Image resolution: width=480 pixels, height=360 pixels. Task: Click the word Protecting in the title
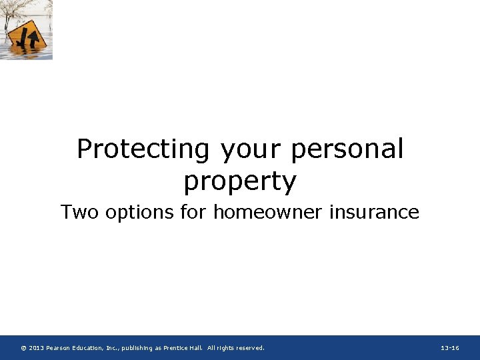(143, 149)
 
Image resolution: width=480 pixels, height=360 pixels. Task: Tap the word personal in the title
(347, 149)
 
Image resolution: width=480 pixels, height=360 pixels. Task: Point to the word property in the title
(240, 181)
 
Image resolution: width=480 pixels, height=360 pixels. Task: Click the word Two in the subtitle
(77, 212)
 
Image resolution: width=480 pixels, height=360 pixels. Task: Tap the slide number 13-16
(450, 348)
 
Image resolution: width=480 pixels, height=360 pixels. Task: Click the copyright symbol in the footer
(23, 348)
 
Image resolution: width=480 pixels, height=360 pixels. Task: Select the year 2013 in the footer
(36, 348)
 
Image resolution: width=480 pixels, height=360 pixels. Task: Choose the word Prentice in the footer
(175, 348)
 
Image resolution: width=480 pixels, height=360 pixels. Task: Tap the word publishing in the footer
(140, 348)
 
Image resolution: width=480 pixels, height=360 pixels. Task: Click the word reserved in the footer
(247, 348)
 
